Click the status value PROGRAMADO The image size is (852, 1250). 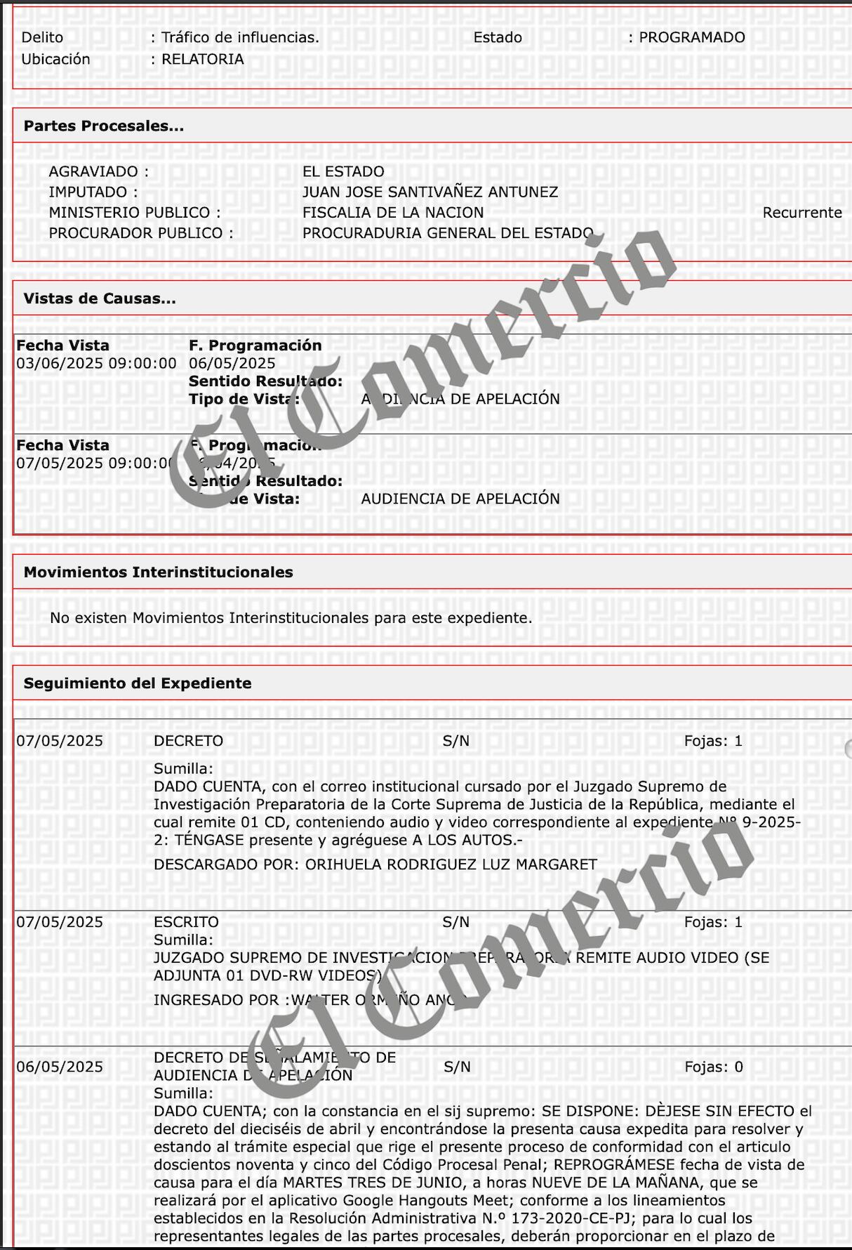[x=691, y=37]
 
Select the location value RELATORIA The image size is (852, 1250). [x=203, y=59]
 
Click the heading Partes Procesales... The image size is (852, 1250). [x=104, y=126]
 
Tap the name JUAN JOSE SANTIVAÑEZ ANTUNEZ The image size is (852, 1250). [x=430, y=192]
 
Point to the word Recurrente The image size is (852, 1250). [x=801, y=213]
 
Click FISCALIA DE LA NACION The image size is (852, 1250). [x=393, y=213]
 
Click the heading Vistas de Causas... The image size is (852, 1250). [x=100, y=298]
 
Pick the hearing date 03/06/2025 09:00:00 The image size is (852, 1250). [x=97, y=363]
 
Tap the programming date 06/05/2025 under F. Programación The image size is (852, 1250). [x=232, y=363]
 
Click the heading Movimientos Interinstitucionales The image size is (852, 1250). [x=159, y=572]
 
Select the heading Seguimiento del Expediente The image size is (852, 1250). [x=138, y=683]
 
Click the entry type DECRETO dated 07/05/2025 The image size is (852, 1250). [x=188, y=741]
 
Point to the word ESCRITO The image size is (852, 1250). [x=186, y=922]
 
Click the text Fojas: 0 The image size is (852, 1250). [x=714, y=1067]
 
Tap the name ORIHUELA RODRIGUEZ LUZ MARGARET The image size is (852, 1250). [x=451, y=864]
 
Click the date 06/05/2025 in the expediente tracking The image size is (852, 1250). [x=60, y=1067]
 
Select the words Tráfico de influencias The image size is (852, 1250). [x=240, y=37]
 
